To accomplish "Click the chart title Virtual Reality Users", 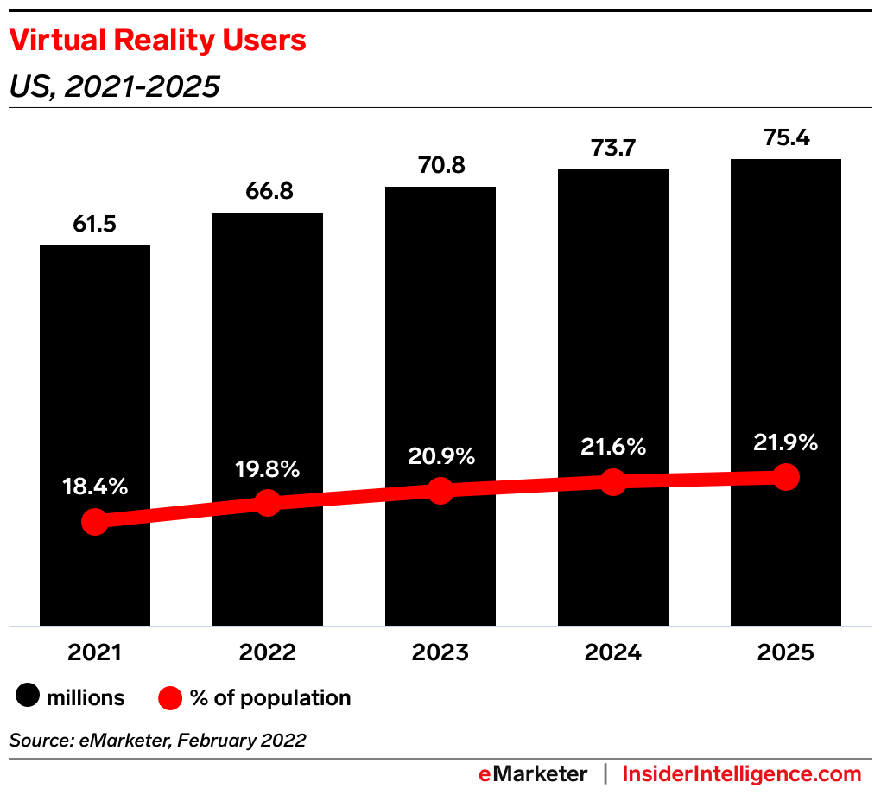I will [157, 41].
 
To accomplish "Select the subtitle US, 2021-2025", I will [114, 86].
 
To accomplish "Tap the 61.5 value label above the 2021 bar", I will [95, 225].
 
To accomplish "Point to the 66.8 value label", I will [268, 192].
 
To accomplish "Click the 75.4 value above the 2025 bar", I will [786, 138].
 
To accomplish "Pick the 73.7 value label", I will [613, 149].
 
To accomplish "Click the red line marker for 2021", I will [95, 522].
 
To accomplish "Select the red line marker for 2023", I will [440, 491].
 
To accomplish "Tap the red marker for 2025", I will [786, 476].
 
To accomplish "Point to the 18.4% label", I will [95, 487].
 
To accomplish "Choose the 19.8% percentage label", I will [268, 469].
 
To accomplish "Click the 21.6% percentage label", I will [613, 447].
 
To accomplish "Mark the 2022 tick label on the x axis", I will [268, 652].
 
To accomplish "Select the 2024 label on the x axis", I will [613, 652].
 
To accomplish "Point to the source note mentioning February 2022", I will [157, 741].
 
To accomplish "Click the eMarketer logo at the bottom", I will [533, 773].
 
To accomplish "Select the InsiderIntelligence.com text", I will [742, 773].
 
